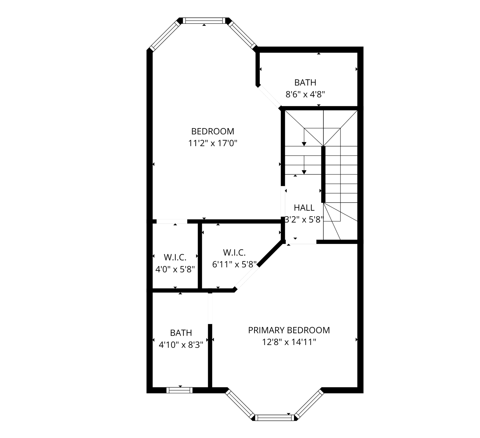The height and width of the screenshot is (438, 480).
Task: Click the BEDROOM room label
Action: coord(213,131)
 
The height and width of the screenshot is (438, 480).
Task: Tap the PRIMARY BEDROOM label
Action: coord(289,330)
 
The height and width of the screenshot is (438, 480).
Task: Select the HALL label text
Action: coord(304,208)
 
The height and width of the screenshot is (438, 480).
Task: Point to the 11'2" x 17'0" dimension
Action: coord(213,143)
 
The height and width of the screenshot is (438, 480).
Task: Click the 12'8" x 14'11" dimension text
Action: coord(289,342)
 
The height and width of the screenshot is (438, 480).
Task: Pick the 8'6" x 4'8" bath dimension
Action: coord(305,94)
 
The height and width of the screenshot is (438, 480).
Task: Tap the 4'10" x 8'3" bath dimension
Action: coord(181,345)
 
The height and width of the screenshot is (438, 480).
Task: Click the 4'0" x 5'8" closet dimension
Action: coord(175,269)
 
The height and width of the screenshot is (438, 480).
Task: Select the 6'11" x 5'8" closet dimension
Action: coord(234,264)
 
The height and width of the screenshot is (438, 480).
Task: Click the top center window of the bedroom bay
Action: coord(204,20)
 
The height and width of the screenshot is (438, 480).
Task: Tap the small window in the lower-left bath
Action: coord(179,390)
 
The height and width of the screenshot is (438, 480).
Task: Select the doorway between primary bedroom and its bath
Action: coord(210,308)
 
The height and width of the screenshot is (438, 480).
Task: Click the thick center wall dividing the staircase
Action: coord(323,174)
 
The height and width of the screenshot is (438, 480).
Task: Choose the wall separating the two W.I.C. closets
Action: coord(200,256)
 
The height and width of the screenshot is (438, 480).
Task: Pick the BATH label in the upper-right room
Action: coord(305,82)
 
